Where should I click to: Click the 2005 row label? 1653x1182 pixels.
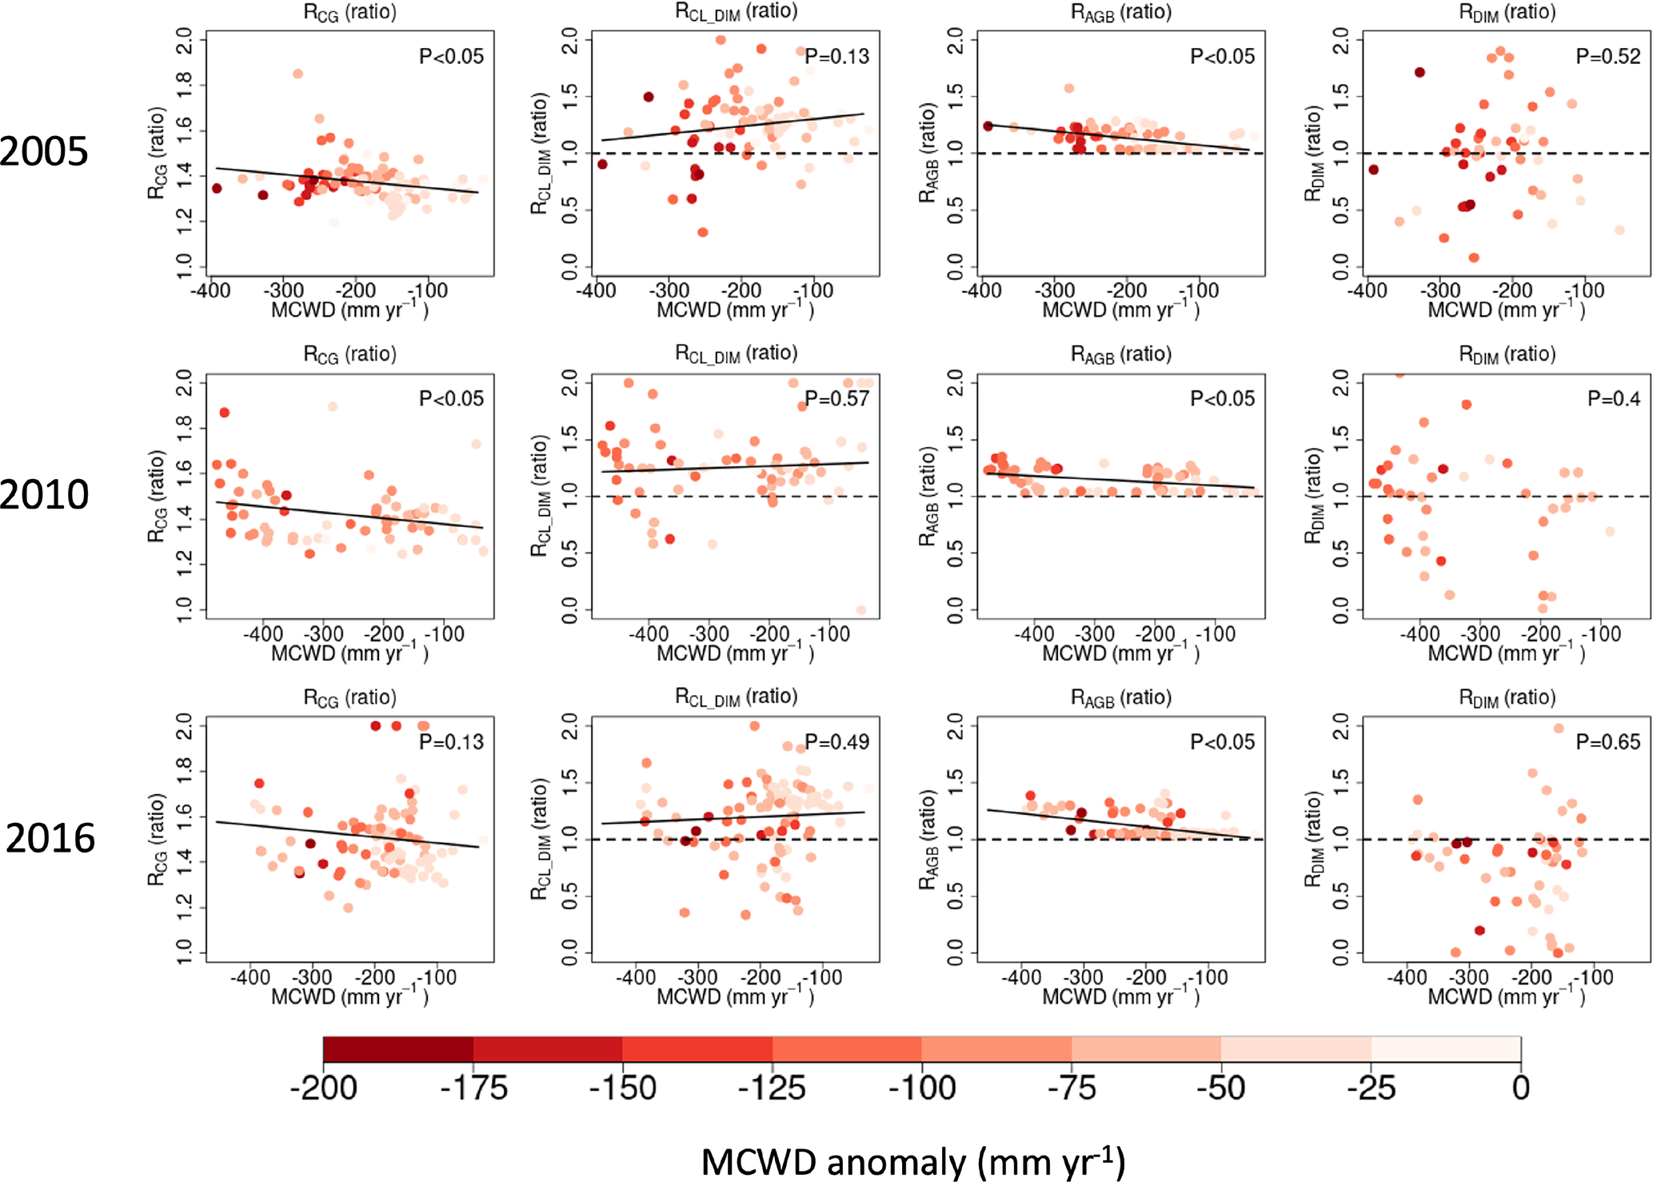pyautogui.click(x=44, y=151)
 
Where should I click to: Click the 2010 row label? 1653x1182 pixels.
pyautogui.click(x=44, y=494)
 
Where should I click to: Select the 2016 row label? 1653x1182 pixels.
pyautogui.click(x=50, y=838)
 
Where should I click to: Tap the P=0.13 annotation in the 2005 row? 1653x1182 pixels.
pyautogui.click(x=836, y=56)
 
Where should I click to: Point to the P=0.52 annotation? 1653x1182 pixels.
pyautogui.click(x=1607, y=56)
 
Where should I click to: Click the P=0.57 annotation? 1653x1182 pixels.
pyautogui.click(x=836, y=398)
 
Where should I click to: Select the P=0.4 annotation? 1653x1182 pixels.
pyautogui.click(x=1613, y=398)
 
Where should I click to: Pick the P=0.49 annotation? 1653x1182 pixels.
pyautogui.click(x=836, y=741)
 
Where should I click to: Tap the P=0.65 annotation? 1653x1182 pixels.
pyautogui.click(x=1607, y=741)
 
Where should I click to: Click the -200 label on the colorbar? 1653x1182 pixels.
pyautogui.click(x=323, y=1088)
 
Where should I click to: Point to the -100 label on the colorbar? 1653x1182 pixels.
pyautogui.click(x=922, y=1088)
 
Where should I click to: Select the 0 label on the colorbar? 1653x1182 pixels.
pyautogui.click(x=1520, y=1088)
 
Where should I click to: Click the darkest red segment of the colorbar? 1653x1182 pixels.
pyautogui.click(x=397, y=1049)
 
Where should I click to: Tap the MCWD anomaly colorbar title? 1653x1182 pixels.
pyautogui.click(x=912, y=1161)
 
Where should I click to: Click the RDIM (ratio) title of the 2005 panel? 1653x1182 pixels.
pyautogui.click(x=1507, y=12)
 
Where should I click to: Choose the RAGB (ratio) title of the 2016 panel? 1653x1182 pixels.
pyautogui.click(x=1121, y=697)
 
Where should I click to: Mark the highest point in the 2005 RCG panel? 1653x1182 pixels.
pyautogui.click(x=297, y=74)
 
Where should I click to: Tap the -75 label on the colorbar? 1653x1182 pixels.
pyautogui.click(x=1072, y=1088)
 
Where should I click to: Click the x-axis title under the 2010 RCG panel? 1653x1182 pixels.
pyautogui.click(x=349, y=653)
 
